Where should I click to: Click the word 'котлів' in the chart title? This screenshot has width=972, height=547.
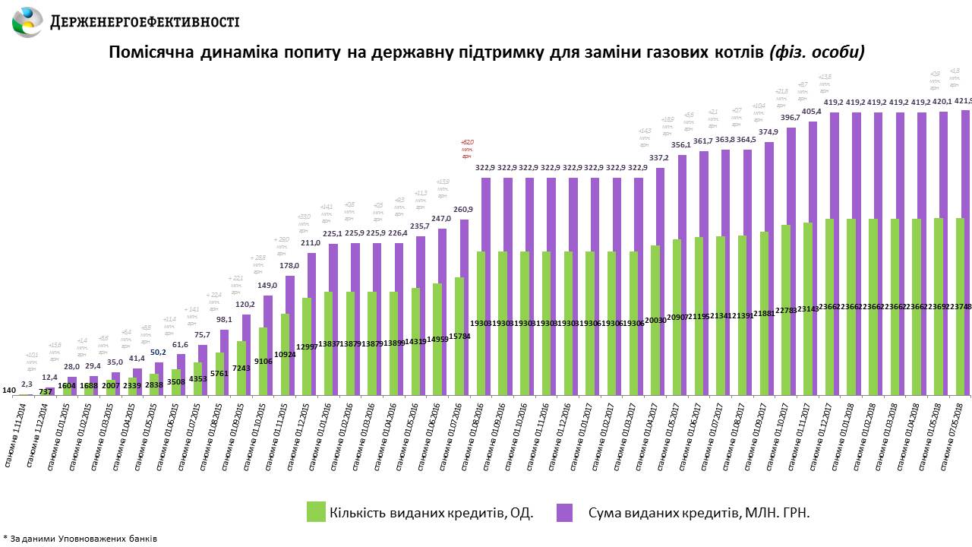tap(731, 52)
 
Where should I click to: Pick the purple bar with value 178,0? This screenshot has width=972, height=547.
tap(290, 334)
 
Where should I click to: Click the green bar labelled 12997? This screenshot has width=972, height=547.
tap(306, 346)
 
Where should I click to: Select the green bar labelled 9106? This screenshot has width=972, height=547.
tap(263, 361)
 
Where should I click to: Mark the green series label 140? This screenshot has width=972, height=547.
tap(9, 390)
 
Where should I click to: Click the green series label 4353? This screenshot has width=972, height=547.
tap(198, 378)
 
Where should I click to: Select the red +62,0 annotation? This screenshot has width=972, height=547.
tap(467, 149)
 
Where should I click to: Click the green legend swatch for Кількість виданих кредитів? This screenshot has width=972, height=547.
tap(316, 511)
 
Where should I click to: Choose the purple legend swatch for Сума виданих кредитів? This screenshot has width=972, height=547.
tap(564, 511)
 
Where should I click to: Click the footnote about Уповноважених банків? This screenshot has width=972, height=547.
tap(80, 539)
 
